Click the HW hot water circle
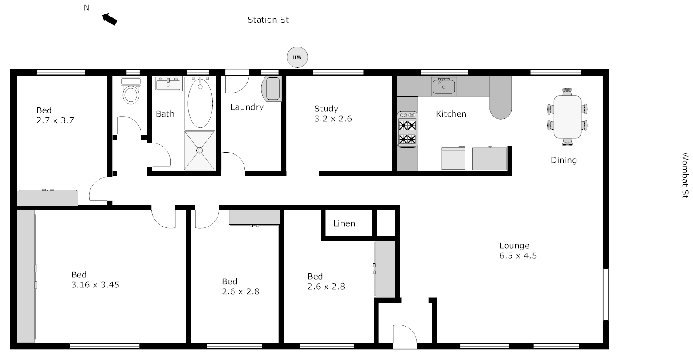[x=297, y=57]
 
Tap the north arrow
[x=110, y=19]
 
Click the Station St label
[x=268, y=20]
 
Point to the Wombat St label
[x=685, y=175]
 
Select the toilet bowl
[x=131, y=94]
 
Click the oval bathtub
[x=200, y=103]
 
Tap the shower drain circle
[x=200, y=150]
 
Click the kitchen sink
[x=443, y=87]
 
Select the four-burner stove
[x=408, y=130]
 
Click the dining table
[x=567, y=117]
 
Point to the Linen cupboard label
[x=344, y=223]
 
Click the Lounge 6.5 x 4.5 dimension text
[x=518, y=256]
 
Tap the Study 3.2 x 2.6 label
[x=333, y=113]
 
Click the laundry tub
[x=272, y=89]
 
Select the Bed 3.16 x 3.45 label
[x=95, y=280]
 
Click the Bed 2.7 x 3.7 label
[x=55, y=115]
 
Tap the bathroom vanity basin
[x=168, y=83]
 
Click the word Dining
[x=563, y=160]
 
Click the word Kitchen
[x=451, y=114]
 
